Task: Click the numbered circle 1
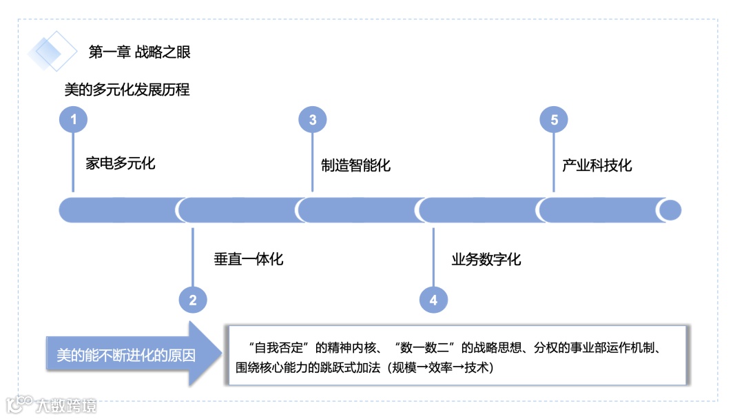pyautogui.click(x=73, y=120)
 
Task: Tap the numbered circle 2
pyautogui.click(x=193, y=300)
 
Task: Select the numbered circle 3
pyautogui.click(x=312, y=120)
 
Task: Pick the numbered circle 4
pyautogui.click(x=433, y=300)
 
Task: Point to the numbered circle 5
pyautogui.click(x=554, y=120)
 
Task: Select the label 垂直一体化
pyautogui.click(x=248, y=259)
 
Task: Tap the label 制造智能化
pyautogui.click(x=355, y=165)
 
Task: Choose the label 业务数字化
pyautogui.click(x=486, y=259)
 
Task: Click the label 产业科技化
pyautogui.click(x=597, y=165)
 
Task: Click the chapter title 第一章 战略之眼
pyautogui.click(x=139, y=52)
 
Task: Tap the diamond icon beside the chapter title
pyautogui.click(x=52, y=51)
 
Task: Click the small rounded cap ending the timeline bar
pyautogui.click(x=669, y=210)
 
